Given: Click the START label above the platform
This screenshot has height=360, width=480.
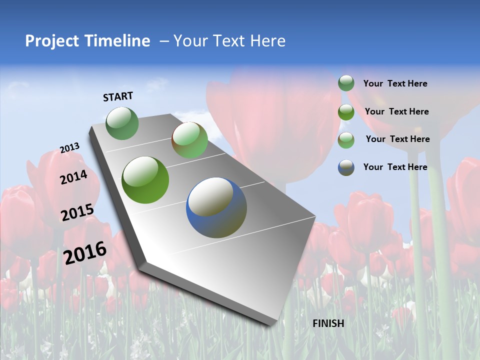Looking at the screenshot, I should click(118, 96).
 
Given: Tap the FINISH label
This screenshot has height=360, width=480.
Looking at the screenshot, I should click(328, 323).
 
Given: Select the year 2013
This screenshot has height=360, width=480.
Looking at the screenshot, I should click(69, 148).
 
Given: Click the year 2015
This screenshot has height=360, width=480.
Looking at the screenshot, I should click(77, 212).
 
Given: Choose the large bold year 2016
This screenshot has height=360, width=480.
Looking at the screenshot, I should click(85, 252).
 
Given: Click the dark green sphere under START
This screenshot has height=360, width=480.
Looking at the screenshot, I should click(122, 123).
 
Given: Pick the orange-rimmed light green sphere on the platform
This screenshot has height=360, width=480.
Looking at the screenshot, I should click(189, 140).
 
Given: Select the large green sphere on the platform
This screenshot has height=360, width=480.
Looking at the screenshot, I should click(145, 180).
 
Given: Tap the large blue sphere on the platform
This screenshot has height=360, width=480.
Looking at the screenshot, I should click(216, 207).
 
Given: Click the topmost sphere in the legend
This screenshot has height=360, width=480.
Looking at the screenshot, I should click(346, 83).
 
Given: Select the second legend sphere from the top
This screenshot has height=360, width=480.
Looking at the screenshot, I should click(346, 111).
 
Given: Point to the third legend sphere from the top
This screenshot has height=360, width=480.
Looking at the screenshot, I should click(346, 140).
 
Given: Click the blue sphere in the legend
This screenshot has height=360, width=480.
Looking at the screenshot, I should click(346, 167).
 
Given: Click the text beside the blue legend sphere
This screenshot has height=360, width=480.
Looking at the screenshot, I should click(395, 167).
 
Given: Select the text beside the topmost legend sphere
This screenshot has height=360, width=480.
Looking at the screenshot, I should click(395, 83).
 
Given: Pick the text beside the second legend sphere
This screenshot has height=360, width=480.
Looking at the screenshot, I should click(396, 111).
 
